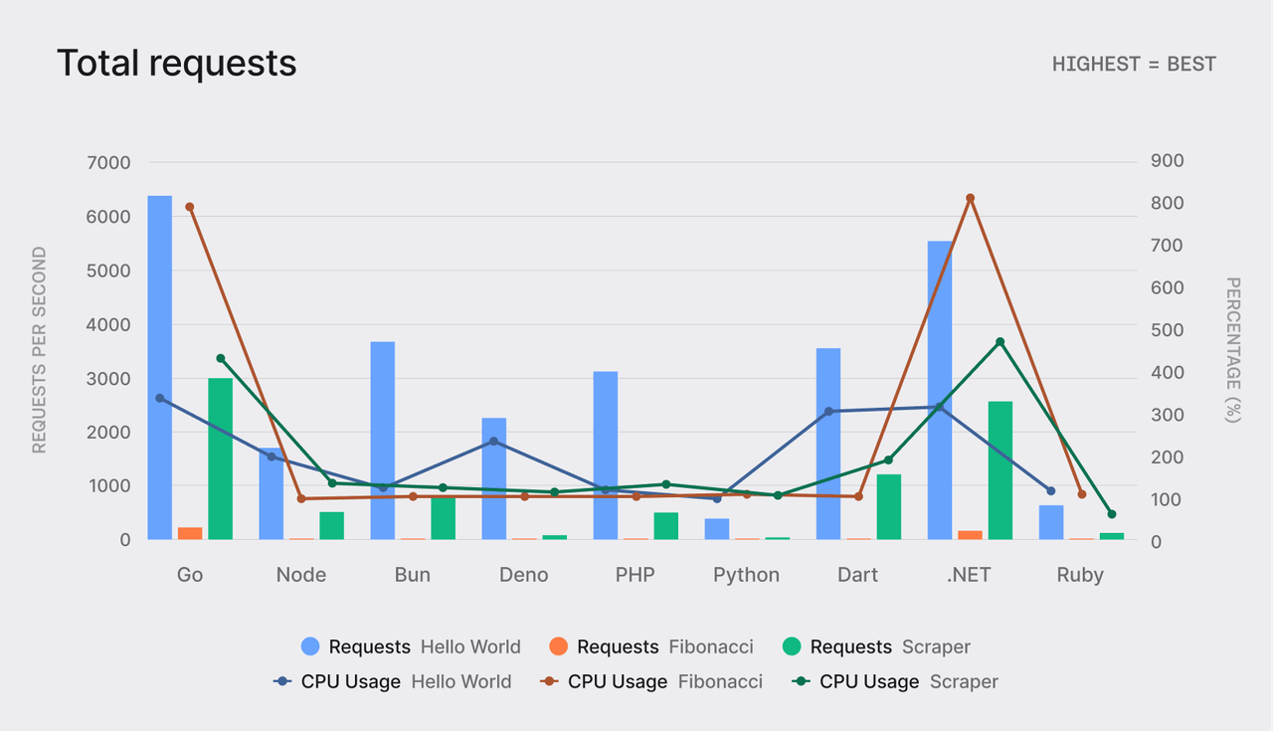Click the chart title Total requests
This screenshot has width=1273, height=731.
(176, 63)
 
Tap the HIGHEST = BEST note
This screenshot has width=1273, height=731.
(1134, 64)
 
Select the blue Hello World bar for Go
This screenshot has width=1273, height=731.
(160, 368)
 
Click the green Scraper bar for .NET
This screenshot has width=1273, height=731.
(1000, 470)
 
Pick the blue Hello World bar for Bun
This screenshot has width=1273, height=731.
(383, 441)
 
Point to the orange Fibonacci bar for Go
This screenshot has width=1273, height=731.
(190, 533)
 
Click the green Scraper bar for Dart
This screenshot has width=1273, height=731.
(888, 507)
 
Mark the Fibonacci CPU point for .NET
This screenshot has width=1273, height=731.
(970, 198)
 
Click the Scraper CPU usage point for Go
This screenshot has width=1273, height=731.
(221, 358)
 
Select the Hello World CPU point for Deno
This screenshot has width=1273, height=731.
(493, 442)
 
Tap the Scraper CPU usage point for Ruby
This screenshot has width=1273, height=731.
(1112, 514)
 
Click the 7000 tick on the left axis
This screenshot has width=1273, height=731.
(110, 162)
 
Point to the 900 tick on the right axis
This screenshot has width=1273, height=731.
(1168, 161)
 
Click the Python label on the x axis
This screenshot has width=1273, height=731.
(746, 575)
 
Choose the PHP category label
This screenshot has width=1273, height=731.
(635, 575)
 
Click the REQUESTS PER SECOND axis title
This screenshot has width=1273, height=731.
(40, 350)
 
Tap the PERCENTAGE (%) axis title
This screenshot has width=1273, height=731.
(1233, 350)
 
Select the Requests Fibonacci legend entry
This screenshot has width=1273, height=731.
(651, 646)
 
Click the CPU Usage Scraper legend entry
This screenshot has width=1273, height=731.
(895, 681)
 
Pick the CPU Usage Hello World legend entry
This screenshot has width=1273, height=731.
(393, 681)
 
